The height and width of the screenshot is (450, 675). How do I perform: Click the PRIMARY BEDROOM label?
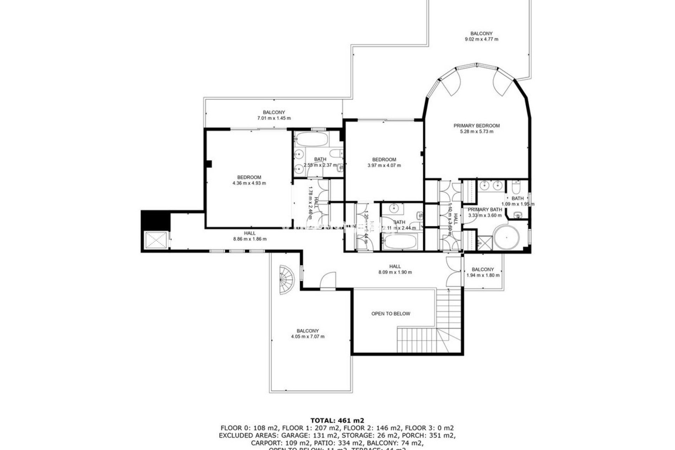point(476,126)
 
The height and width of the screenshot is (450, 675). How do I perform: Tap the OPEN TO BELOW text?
point(391,314)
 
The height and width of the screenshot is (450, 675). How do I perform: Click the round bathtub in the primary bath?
point(506,238)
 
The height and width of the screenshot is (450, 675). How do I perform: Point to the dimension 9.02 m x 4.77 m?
point(481,39)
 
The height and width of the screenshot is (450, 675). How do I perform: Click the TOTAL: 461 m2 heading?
point(337,420)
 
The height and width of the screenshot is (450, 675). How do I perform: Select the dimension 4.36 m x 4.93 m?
point(249,183)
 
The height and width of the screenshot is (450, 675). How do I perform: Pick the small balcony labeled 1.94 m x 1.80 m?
point(483,272)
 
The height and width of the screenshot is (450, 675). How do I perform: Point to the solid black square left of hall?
point(155,220)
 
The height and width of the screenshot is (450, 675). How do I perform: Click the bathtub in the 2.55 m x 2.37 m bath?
point(311,140)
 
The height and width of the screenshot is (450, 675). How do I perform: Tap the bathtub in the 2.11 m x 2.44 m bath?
point(400,242)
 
